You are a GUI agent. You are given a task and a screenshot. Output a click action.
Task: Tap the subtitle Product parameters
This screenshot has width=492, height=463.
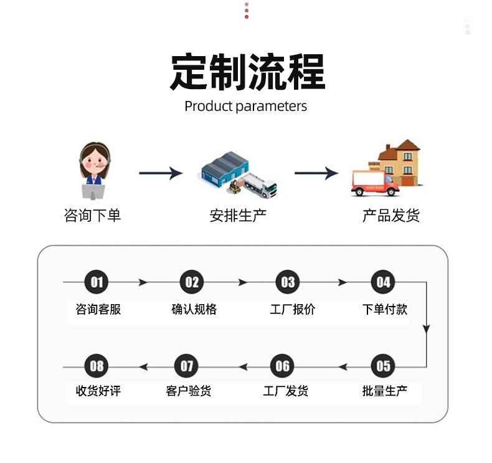245,106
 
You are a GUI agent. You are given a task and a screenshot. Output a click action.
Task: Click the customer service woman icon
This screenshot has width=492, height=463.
93,170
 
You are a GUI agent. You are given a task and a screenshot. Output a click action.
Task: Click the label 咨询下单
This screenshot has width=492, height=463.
92,216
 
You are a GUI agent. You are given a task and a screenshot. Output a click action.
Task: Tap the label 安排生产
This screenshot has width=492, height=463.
238,216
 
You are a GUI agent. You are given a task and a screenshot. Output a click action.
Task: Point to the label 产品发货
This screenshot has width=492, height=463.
390,216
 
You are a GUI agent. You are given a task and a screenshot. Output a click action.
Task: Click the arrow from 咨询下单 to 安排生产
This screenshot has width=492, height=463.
161,173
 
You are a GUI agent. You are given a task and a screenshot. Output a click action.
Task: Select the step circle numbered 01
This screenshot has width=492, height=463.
97,282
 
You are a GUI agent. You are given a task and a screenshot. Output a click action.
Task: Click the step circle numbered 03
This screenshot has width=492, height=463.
288,282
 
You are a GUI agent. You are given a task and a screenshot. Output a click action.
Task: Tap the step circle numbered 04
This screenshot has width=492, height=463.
383,282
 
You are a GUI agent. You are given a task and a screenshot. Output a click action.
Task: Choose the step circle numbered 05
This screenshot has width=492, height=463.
383,366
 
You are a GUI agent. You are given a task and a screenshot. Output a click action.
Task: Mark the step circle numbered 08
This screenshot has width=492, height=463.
97,366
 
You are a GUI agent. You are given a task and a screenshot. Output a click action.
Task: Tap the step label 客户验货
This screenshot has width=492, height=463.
188,391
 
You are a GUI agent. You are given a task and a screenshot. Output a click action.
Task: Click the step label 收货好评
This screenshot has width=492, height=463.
98,391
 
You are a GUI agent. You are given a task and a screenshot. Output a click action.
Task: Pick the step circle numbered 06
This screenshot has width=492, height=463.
283,366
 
